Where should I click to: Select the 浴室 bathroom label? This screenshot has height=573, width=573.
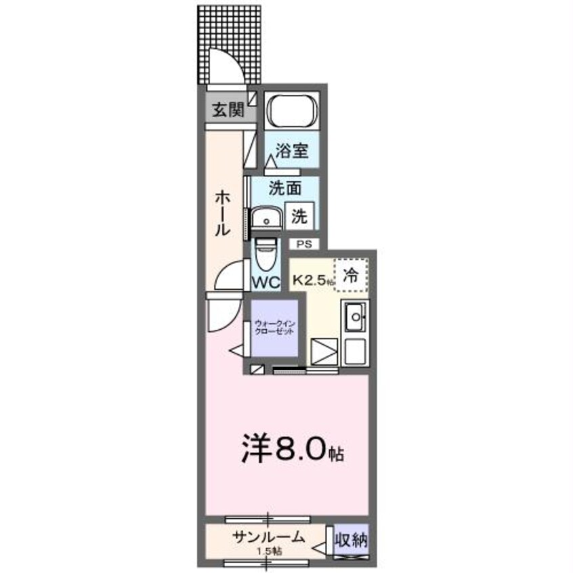click(x=291, y=150)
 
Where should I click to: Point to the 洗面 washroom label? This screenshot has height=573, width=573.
click(x=284, y=188)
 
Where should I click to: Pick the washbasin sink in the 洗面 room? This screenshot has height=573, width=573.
click(x=266, y=219)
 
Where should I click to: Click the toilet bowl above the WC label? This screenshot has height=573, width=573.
click(x=266, y=255)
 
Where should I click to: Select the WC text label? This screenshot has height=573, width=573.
click(x=266, y=282)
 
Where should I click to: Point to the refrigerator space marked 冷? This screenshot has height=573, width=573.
click(x=351, y=276)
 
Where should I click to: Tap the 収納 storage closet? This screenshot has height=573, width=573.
click(x=351, y=540)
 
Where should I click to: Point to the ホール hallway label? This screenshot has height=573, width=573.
click(x=221, y=213)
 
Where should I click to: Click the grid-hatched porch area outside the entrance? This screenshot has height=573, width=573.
click(x=213, y=30)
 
